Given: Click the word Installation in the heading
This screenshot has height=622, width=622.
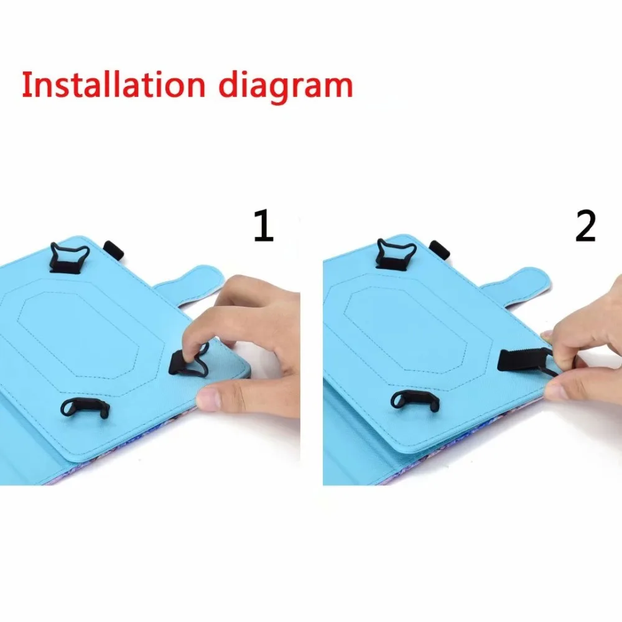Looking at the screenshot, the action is pos(113,85).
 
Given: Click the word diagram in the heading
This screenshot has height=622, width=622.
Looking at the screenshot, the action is pos(285,85).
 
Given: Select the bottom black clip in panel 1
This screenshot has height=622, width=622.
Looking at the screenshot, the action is pos(85,407).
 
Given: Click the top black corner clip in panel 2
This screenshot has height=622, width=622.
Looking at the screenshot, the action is pos(396,254).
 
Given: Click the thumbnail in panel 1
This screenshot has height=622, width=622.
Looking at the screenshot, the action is pos(208,399).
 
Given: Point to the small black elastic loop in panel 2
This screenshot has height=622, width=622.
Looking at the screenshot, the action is pos(439,249).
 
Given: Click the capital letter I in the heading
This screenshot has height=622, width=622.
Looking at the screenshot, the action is pos(26,85).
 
